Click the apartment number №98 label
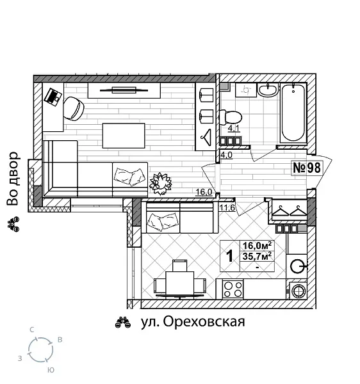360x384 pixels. click(306, 168)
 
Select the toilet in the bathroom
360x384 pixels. click(229, 117)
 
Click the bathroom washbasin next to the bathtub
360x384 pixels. click(268, 90)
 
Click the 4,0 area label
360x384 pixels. click(226, 154)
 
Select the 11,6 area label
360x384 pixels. click(227, 207)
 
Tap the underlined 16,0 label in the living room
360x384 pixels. click(203, 191)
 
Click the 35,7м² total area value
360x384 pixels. click(257, 256)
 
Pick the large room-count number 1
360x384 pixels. click(229, 256)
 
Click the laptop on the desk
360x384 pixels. click(53, 97)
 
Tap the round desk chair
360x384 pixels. click(74, 108)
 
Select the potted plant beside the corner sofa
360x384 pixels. click(160, 184)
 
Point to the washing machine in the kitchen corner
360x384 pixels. click(299, 291)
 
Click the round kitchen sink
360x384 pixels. click(297, 266)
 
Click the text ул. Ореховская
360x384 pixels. click(193, 322)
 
